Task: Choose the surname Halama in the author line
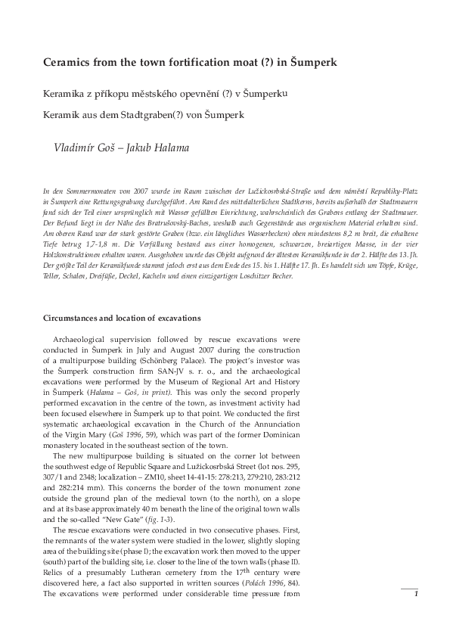click(x=166, y=148)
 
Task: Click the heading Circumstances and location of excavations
click(x=122, y=318)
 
